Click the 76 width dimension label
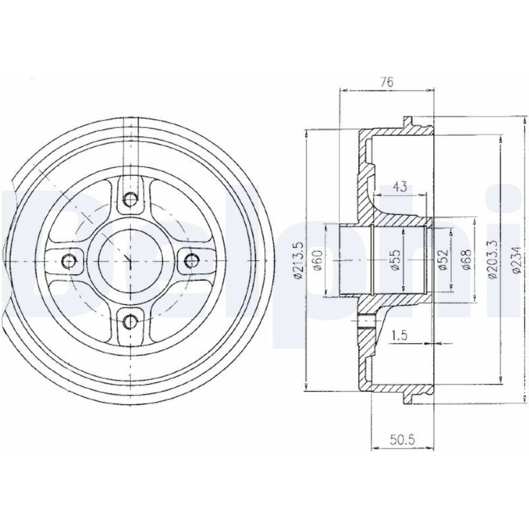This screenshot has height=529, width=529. coord(387,83)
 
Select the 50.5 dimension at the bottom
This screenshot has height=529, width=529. coord(402,440)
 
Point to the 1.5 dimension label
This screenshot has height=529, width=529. coord(400,336)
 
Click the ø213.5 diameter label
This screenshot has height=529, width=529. coord(299,260)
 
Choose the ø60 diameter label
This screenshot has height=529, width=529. coord(318,260)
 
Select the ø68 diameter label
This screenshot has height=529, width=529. coord(467,260)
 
